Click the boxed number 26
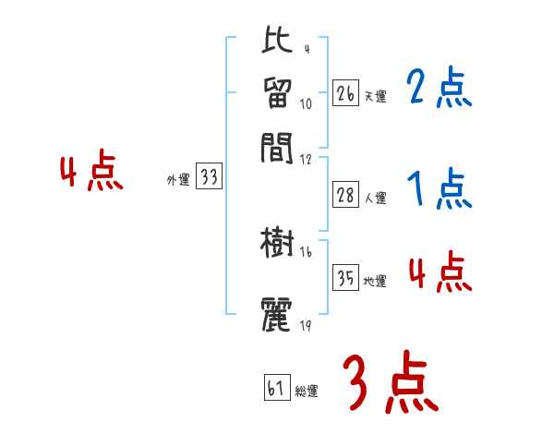346,93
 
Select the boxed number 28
346,195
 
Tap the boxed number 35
346,278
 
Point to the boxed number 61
276,388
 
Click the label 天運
375,96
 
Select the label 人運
375,198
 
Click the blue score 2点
439,90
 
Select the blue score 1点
439,191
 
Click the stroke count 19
306,325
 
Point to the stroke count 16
306,252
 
